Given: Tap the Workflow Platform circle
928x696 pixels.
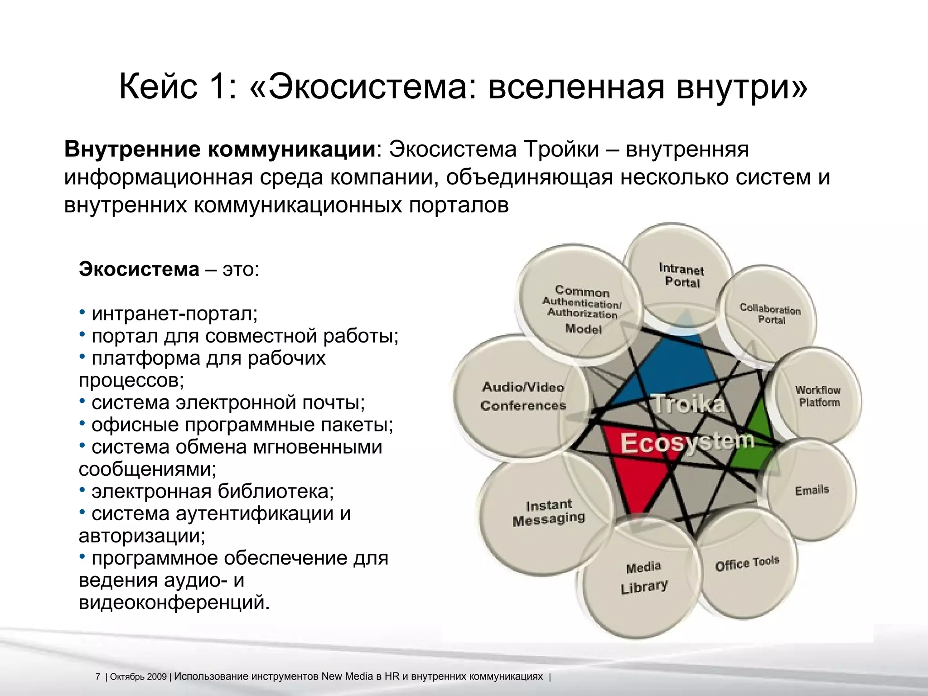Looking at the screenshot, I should [x=818, y=396].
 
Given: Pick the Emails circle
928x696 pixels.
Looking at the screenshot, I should [x=812, y=490].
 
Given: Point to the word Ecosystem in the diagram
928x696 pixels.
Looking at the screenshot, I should [x=686, y=442].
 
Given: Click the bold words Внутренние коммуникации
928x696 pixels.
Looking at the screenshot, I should [x=220, y=150].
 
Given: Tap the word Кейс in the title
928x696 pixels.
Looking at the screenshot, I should [x=158, y=87].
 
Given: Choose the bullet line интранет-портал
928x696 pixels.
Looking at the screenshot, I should [x=174, y=314].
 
